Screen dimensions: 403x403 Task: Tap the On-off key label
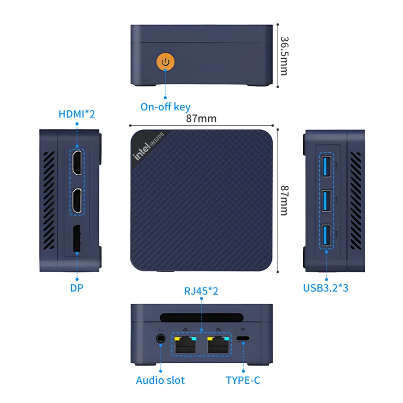(x=165, y=106)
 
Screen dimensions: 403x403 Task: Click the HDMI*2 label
(x=77, y=114)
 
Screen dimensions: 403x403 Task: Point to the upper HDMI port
(x=77, y=162)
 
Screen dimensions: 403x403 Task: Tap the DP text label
(x=77, y=289)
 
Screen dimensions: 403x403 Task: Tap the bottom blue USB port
(x=326, y=236)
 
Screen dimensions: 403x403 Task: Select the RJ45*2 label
(x=201, y=292)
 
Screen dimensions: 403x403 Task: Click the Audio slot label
(x=160, y=380)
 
